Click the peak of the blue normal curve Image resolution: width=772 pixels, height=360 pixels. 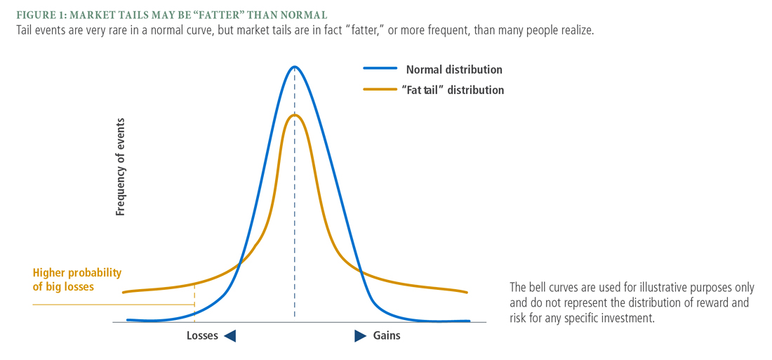point(295,67)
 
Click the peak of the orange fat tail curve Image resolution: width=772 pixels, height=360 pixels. point(295,115)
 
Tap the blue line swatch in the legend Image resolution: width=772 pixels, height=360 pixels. point(380,69)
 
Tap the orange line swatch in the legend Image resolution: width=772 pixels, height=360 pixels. point(380,89)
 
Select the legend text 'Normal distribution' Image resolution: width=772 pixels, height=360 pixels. point(454,69)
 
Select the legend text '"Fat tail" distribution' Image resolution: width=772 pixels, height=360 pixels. point(455,90)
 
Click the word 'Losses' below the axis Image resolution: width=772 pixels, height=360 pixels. point(202,335)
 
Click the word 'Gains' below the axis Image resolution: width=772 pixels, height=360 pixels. point(387,335)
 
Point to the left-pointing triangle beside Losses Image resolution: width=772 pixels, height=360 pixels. point(229,336)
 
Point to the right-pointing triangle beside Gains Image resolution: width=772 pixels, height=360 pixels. point(360,335)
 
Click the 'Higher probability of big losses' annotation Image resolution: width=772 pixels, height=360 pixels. point(77,279)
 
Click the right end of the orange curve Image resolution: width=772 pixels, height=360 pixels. point(467,292)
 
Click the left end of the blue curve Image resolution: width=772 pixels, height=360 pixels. point(128,320)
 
